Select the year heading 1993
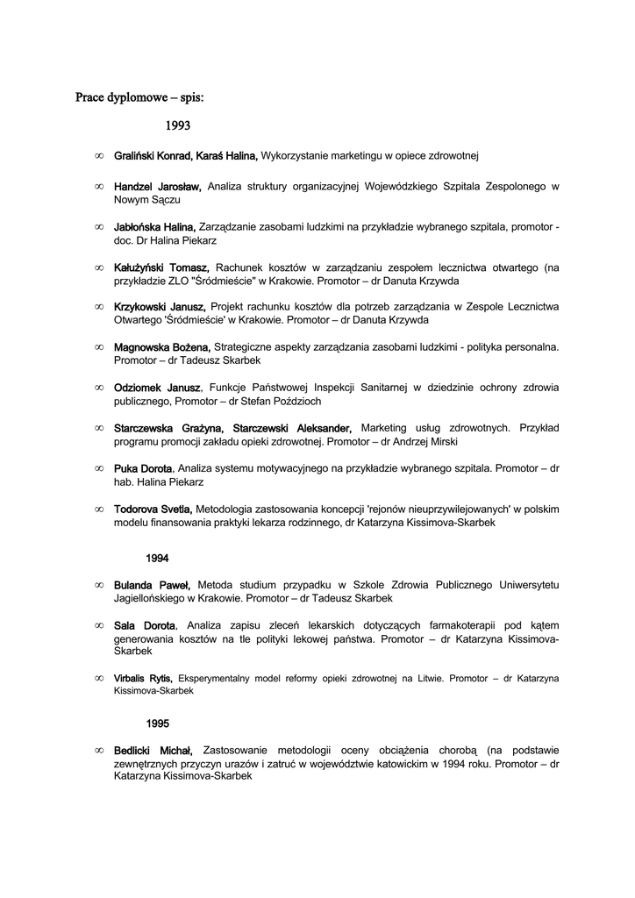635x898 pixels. point(178,125)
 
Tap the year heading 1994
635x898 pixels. point(158,558)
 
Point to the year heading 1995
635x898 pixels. point(158,723)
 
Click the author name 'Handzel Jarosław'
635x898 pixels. point(158,187)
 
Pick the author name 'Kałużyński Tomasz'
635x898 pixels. point(161,267)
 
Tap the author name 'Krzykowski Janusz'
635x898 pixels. point(160,307)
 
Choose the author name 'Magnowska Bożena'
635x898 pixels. point(162,347)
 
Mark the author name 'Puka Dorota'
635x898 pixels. point(143,468)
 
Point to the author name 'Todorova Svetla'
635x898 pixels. point(153,509)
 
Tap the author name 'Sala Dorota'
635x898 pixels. point(145,625)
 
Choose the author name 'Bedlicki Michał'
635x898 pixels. point(153,751)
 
